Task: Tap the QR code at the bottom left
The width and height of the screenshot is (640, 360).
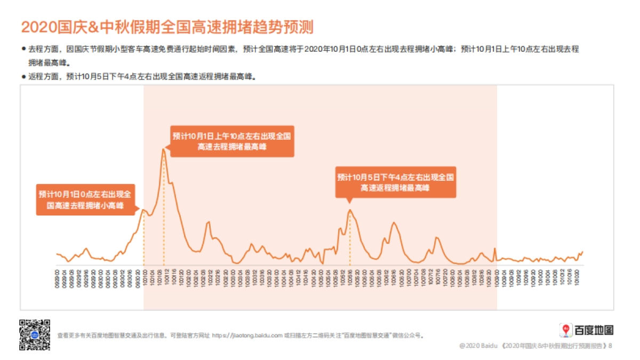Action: (35, 334)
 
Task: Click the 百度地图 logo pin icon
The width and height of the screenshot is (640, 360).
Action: (565, 330)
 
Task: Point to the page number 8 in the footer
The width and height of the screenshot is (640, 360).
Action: (610, 346)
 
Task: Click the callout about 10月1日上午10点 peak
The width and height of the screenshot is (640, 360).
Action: (232, 141)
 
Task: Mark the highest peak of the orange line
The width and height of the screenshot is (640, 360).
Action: (163, 149)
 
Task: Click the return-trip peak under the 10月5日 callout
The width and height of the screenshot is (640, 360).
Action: (350, 210)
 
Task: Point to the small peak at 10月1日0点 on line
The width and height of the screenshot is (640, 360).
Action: (143, 210)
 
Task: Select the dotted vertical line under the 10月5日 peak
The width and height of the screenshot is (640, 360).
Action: (350, 240)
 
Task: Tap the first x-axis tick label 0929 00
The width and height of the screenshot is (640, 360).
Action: (57, 279)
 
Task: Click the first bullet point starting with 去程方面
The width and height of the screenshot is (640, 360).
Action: (299, 49)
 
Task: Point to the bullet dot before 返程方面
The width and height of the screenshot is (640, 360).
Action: (23, 76)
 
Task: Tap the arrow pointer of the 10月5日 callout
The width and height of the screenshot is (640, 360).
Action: (350, 201)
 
